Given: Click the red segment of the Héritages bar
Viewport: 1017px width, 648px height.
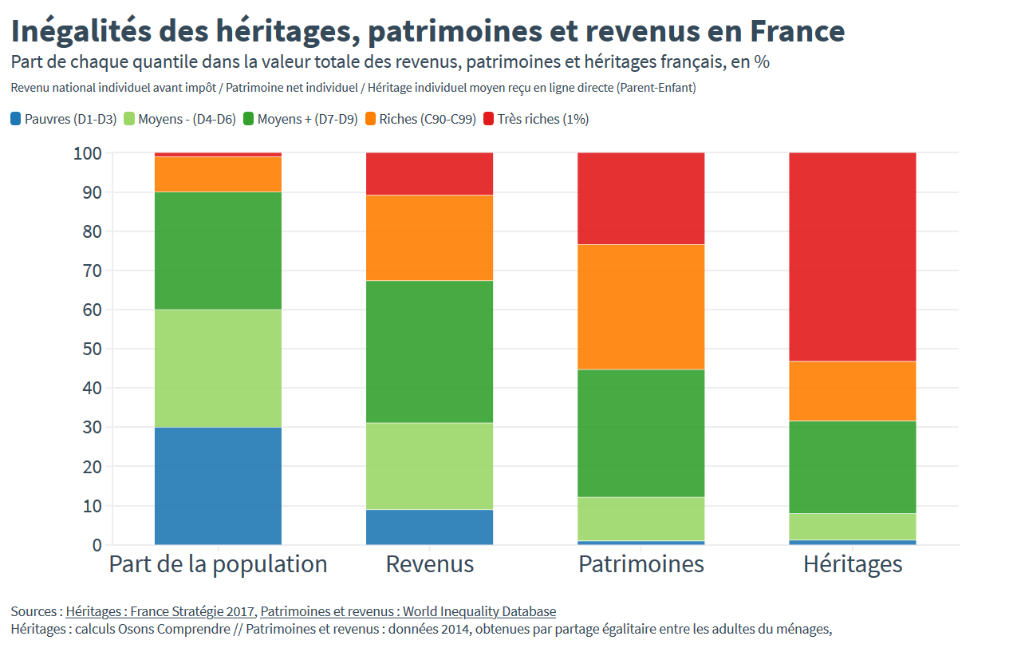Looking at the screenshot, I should (852, 256).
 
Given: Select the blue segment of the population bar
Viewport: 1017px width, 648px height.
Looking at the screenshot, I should (218, 485).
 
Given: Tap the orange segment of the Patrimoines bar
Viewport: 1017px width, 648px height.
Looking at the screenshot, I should (641, 306).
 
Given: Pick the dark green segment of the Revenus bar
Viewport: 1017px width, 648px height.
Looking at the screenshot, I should (429, 351).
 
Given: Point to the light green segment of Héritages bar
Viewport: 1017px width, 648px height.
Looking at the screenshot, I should (852, 526).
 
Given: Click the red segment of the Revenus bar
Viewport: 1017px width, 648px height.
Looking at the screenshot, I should (429, 173).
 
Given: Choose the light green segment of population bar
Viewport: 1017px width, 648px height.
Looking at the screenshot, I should (218, 368).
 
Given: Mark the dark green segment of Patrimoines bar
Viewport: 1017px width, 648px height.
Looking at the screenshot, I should (641, 433).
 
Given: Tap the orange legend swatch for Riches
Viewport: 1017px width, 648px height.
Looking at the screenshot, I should (370, 119).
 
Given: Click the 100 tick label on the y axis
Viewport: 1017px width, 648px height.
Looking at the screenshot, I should (87, 152).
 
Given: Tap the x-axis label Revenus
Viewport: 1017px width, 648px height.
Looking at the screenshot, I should (429, 564).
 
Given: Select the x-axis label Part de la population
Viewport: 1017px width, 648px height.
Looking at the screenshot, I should (218, 564).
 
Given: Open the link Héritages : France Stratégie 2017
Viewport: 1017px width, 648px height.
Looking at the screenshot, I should (160, 611).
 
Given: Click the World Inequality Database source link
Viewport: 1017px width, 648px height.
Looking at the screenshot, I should (408, 611).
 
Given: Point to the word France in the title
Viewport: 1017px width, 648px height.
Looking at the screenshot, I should (797, 31).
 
